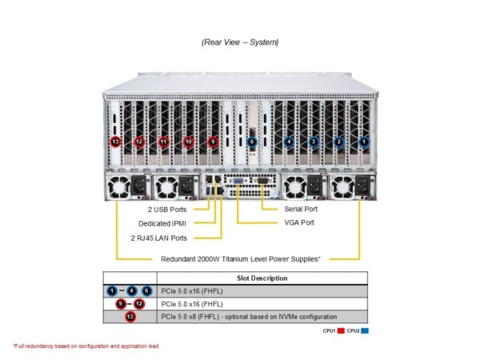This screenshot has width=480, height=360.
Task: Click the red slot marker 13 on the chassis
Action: (x=116, y=142)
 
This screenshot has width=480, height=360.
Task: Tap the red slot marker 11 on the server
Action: (x=163, y=142)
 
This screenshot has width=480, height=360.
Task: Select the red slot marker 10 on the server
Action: (x=188, y=142)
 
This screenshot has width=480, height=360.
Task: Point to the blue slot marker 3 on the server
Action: (x=314, y=142)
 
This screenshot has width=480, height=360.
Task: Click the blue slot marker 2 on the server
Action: (x=338, y=142)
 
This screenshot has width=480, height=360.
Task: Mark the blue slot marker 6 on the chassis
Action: (x=251, y=142)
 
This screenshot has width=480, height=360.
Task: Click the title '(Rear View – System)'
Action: (x=240, y=42)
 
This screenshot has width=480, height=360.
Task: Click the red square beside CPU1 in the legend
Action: (x=341, y=330)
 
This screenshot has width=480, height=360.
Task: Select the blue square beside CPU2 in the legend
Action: (x=365, y=330)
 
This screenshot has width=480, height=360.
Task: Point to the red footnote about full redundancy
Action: (x=86, y=346)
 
